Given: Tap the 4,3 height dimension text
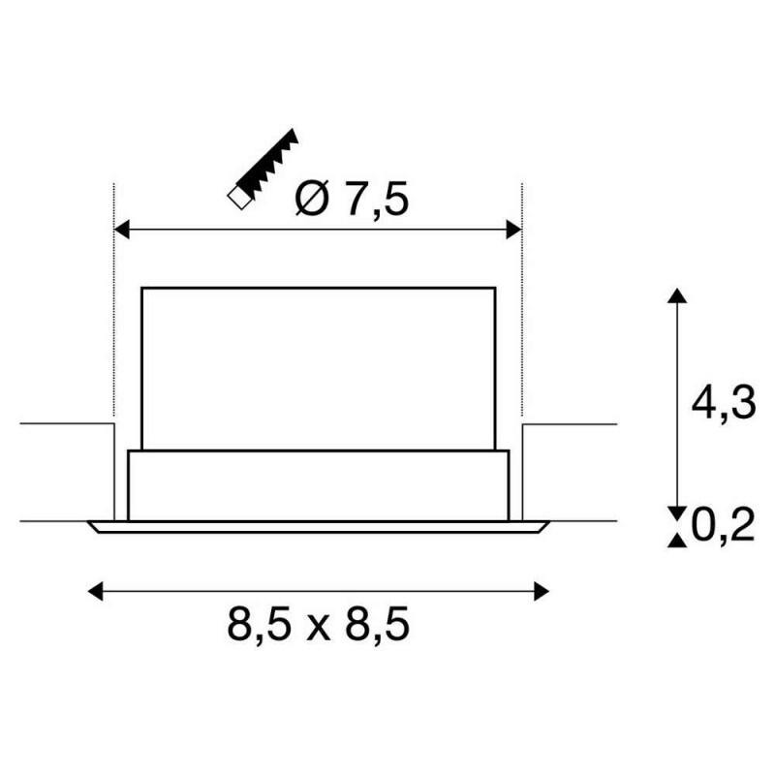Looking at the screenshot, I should pyautogui.click(x=722, y=403).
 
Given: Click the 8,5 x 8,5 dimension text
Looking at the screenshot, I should pyautogui.click(x=319, y=625).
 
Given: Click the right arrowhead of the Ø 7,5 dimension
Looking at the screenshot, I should pyautogui.click(x=515, y=230).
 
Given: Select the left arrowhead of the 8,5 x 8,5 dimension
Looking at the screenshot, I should pyautogui.click(x=95, y=589).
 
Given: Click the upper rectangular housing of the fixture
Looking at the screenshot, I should pyautogui.click(x=319, y=368).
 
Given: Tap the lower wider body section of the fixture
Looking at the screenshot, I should pyautogui.click(x=319, y=484).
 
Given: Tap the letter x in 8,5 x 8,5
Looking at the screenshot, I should pyautogui.click(x=319, y=627).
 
